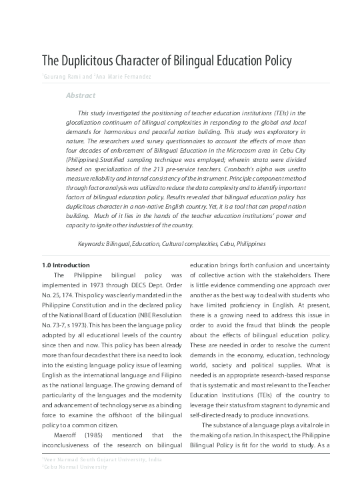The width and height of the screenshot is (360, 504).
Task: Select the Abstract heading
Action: coord(81,95)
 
